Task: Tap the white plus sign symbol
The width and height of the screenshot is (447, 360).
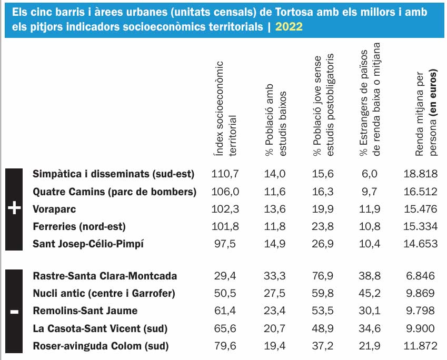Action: (14, 209)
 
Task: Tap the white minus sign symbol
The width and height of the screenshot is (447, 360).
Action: (14, 312)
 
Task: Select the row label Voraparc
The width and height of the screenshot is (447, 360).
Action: (54, 209)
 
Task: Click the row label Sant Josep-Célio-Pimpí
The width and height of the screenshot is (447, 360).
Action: (88, 244)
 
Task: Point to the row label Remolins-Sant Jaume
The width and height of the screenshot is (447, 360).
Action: (85, 311)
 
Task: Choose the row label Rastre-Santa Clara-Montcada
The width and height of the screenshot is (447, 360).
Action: (105, 276)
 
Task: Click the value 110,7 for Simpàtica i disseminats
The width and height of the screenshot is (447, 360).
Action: (225, 174)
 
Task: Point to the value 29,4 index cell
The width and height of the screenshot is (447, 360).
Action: (225, 276)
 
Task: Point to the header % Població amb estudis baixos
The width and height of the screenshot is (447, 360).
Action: (275, 118)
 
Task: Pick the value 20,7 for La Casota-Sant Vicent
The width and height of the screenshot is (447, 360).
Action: (275, 328)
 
